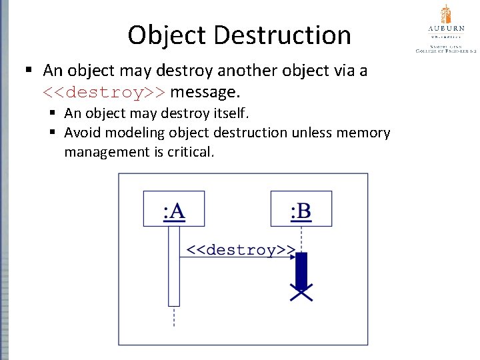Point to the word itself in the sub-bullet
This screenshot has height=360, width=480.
(227, 114)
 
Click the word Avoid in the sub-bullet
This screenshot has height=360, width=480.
(83, 133)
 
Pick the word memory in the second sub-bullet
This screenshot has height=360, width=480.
(361, 133)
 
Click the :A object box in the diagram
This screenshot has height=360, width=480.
(174, 209)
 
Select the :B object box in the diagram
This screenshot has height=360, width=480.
(301, 209)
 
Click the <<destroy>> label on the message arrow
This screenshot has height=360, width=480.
(239, 250)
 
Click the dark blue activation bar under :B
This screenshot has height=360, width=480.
(301, 269)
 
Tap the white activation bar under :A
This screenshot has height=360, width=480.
(174, 267)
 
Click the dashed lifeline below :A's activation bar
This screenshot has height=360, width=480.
(174, 317)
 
